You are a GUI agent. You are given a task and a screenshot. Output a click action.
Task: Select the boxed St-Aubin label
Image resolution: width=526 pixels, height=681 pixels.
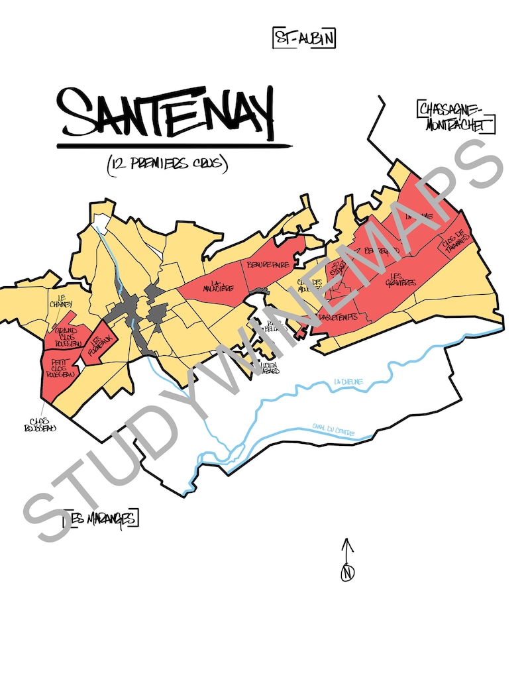tap(303, 38)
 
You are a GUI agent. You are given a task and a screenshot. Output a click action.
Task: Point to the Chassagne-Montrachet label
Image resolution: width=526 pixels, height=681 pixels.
tap(456, 117)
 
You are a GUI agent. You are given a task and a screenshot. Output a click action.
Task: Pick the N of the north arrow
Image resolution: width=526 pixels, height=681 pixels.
tap(348, 574)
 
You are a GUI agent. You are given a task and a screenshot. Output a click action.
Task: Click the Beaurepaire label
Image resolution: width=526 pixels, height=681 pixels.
tap(266, 264)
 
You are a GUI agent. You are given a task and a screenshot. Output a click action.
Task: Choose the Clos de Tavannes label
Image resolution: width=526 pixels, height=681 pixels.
tap(455, 239)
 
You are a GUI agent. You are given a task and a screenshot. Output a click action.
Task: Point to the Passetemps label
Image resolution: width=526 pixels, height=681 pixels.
tap(337, 317)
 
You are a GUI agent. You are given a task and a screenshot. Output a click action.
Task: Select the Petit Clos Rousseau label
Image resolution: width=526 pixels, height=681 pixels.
tap(61, 368)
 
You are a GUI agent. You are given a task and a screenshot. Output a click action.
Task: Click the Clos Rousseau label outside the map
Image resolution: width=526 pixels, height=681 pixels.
tap(39, 424)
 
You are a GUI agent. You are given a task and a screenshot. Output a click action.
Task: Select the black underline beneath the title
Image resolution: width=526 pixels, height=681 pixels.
tap(174, 145)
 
